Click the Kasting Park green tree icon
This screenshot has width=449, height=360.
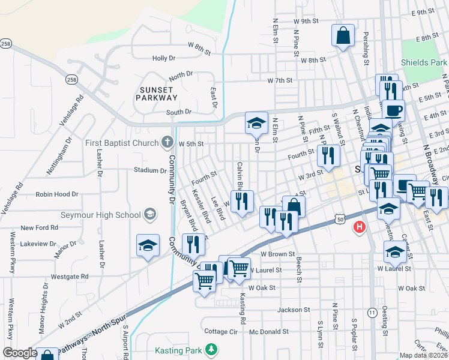211,349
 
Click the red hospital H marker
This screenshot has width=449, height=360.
360,226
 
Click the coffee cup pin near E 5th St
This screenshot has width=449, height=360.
394,110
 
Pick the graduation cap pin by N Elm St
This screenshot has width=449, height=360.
256,123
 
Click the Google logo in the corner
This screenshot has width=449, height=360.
20,353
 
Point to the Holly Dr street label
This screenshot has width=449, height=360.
163,58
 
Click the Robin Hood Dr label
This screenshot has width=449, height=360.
56,194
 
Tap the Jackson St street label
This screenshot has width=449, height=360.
294,310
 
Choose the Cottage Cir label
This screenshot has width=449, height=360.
221,331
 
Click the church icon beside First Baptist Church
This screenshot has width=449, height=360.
168,143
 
